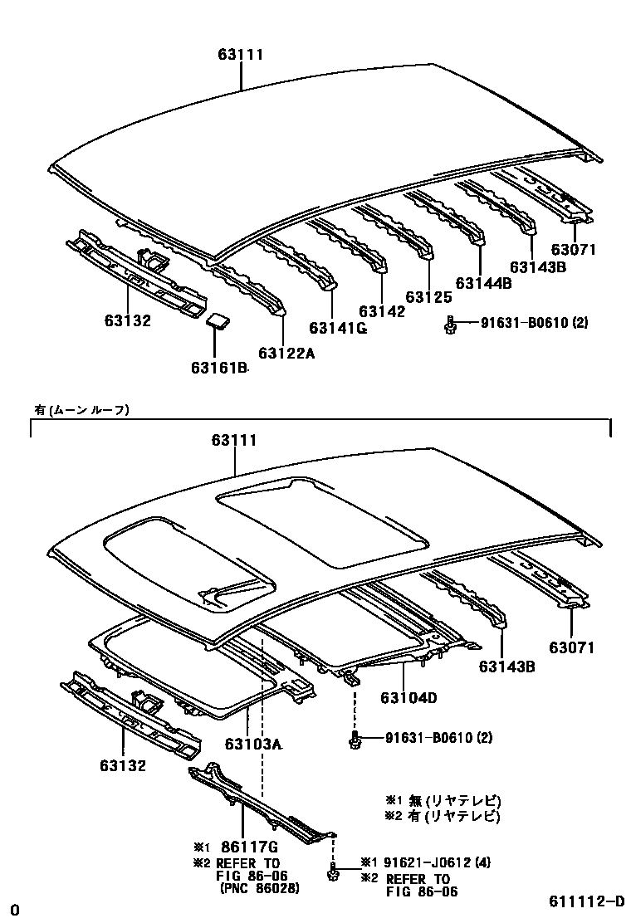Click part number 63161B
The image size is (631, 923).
(219, 367)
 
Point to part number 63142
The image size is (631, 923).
(382, 311)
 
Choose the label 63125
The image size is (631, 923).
(428, 296)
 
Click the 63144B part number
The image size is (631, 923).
(482, 282)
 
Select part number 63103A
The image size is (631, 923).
(253, 744)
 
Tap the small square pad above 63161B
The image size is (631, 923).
(218, 321)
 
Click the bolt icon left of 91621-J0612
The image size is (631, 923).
(332, 872)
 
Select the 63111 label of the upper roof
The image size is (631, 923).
(241, 55)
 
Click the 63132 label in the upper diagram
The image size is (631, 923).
(127, 320)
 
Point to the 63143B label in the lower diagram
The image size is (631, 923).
(505, 666)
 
